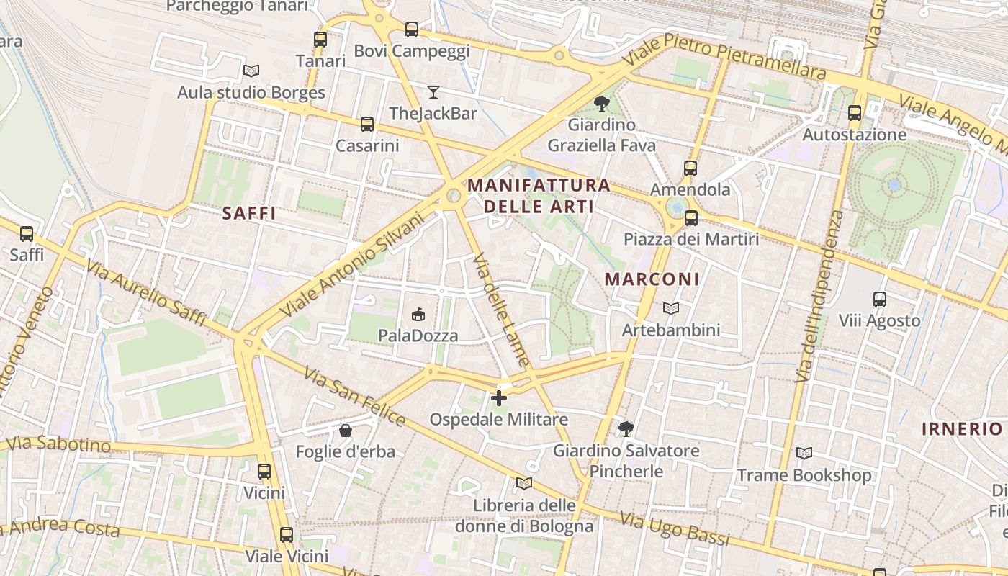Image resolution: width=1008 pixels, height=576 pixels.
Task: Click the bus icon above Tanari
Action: [320, 40]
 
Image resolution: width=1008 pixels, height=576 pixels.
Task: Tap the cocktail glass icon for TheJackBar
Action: [433, 91]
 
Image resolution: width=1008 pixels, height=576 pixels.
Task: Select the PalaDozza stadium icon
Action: [418, 314]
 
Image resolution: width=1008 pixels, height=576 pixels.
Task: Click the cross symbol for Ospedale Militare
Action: [499, 397]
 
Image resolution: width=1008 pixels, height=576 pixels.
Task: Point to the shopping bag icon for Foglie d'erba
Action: [346, 431]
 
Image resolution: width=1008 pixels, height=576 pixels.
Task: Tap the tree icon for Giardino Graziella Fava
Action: [601, 103]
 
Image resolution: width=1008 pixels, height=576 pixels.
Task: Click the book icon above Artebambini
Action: [671, 308]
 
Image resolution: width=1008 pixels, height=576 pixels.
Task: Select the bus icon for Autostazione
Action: [855, 113]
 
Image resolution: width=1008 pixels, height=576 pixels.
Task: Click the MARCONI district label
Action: [652, 279]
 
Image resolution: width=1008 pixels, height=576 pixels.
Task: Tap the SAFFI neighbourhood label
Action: [249, 213]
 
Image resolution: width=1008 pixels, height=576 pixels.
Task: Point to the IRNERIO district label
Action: [962, 429]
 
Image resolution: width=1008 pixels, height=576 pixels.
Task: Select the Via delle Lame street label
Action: [503, 310]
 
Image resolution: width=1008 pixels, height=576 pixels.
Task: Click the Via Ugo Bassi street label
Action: [675, 530]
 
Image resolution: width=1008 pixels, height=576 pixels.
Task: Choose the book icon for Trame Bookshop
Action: [804, 454]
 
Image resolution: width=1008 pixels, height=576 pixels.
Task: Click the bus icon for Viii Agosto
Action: [879, 299]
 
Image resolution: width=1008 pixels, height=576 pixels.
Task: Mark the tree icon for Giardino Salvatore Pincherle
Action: [626, 429]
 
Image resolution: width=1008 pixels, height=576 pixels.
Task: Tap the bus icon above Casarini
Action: [367, 125]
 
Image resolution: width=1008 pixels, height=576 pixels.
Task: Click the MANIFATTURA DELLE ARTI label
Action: [539, 196]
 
